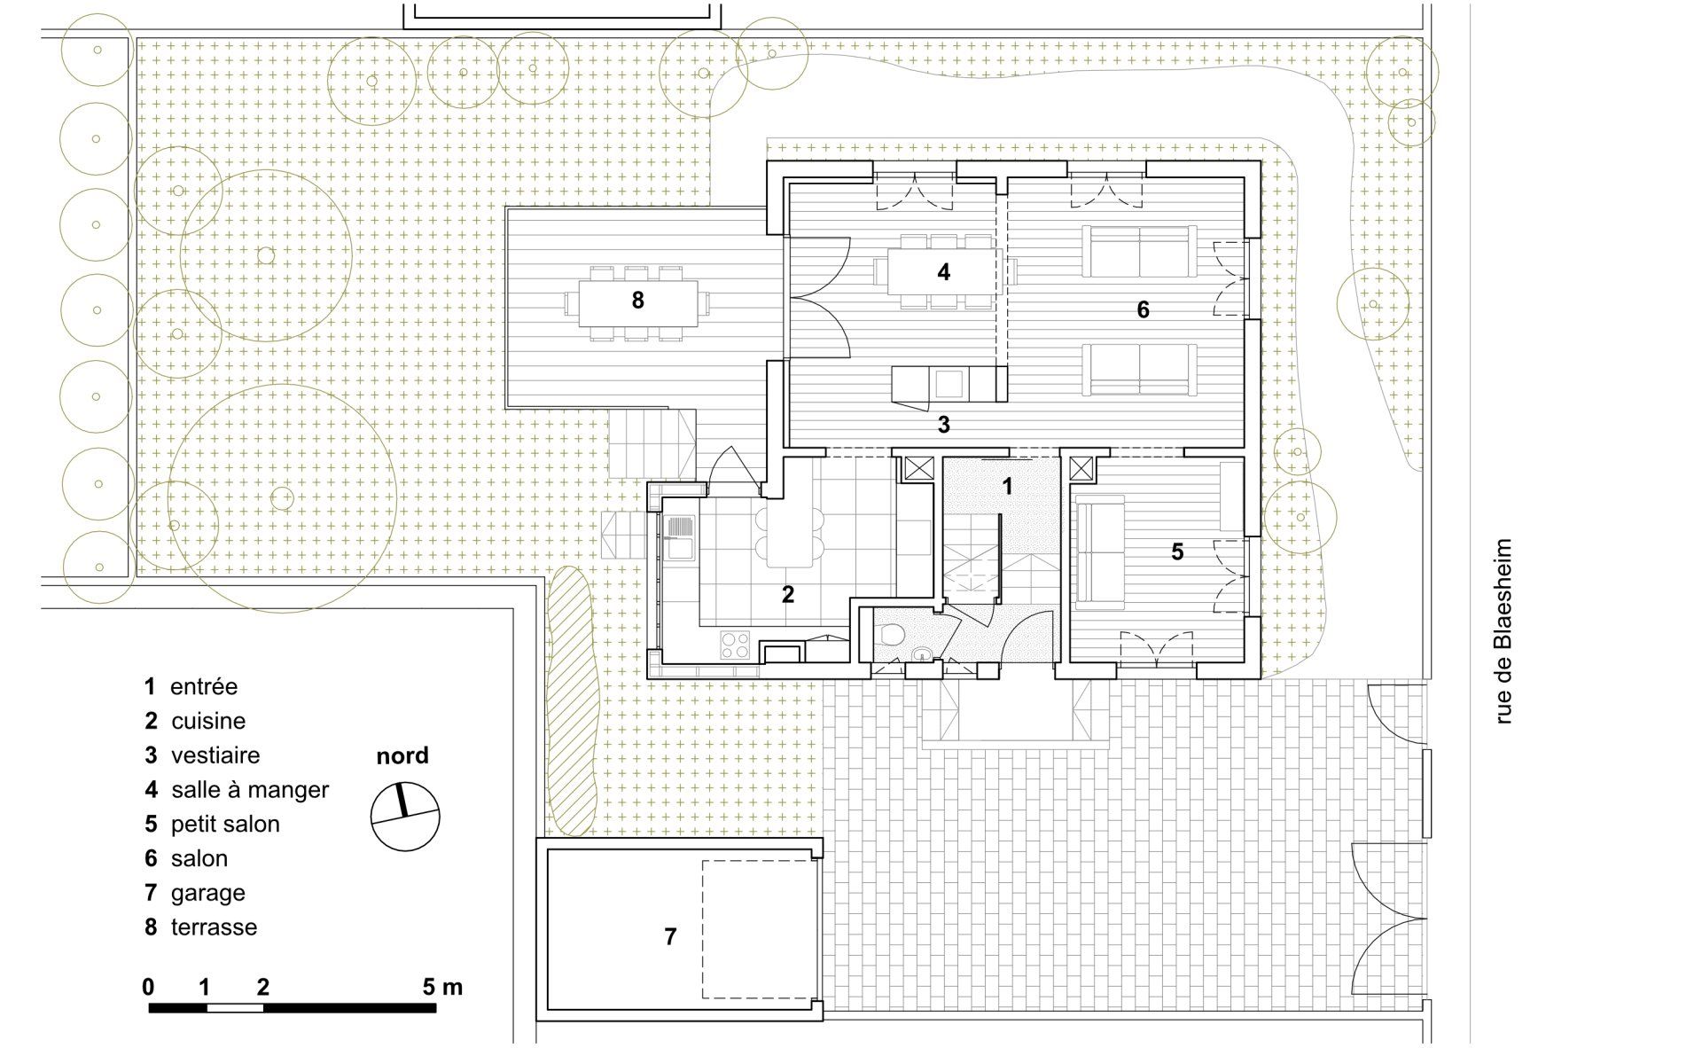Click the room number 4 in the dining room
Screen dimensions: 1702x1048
pos(944,271)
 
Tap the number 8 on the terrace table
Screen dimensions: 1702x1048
pos(637,301)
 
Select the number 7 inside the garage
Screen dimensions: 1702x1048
pos(670,936)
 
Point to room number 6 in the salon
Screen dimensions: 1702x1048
pos(1143,309)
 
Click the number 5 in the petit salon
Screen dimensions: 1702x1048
pos(1177,551)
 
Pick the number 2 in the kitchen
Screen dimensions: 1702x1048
pos(788,595)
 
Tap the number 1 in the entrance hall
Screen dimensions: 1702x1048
pos(1007,486)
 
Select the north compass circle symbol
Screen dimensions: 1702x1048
pos(405,817)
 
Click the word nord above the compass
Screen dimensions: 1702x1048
pos(402,755)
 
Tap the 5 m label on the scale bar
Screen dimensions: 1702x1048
pos(442,987)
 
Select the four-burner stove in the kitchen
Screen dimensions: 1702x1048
pos(735,645)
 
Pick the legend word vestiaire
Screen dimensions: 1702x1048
pos(215,755)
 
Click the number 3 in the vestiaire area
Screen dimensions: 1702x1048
pos(944,425)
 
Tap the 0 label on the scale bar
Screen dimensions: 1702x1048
pos(148,987)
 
